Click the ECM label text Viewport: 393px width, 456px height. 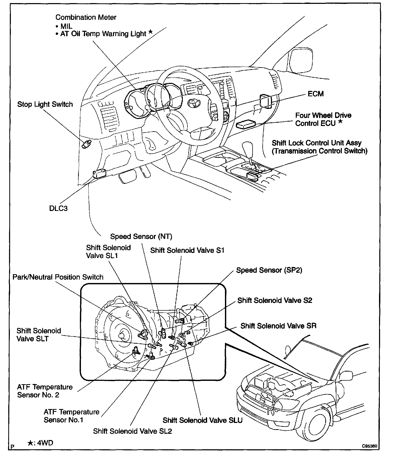315,94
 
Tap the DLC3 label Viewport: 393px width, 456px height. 58,208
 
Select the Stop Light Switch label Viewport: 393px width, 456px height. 45,104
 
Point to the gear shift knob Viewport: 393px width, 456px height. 247,147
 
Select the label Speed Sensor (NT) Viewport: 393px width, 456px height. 141,237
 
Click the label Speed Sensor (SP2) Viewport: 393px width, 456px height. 269,270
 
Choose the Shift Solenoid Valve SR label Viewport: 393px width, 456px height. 278,326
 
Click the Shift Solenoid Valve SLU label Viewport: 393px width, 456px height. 202,420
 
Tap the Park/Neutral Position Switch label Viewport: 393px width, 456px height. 58,277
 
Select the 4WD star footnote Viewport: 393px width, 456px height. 40,443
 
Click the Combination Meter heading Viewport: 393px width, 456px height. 86,17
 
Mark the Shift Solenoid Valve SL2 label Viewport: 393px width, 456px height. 132,431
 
